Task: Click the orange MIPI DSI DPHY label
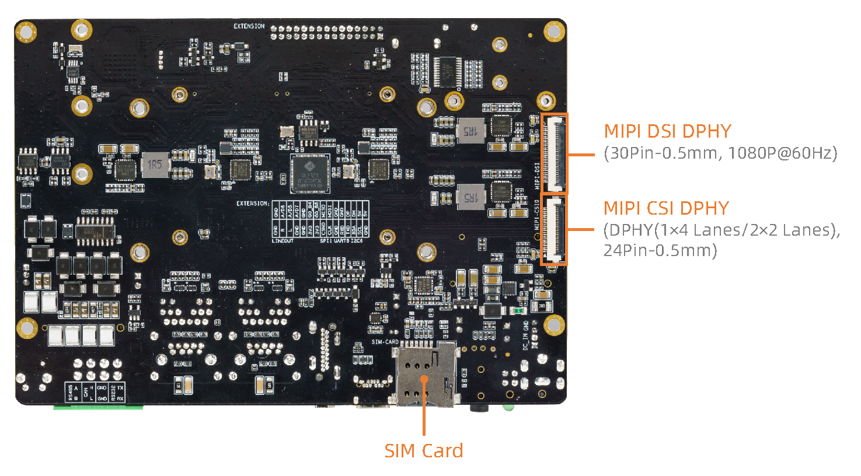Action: (x=667, y=131)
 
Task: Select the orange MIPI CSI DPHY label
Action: (x=666, y=208)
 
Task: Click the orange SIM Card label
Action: (x=423, y=450)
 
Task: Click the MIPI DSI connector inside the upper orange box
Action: (x=554, y=153)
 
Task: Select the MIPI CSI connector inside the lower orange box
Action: (x=554, y=229)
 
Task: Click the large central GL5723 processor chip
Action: (x=310, y=173)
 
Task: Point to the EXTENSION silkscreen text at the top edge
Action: (x=249, y=26)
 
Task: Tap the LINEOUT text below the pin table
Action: (x=283, y=240)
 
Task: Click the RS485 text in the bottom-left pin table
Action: (x=71, y=392)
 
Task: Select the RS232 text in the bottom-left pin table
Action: (x=113, y=392)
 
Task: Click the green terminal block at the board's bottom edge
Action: (x=98, y=407)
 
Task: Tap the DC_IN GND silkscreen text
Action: (x=526, y=335)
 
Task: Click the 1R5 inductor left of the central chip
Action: (x=154, y=164)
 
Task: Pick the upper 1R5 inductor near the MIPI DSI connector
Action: (x=470, y=131)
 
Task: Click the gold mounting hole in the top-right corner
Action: (x=553, y=31)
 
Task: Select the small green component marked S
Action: (x=518, y=311)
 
